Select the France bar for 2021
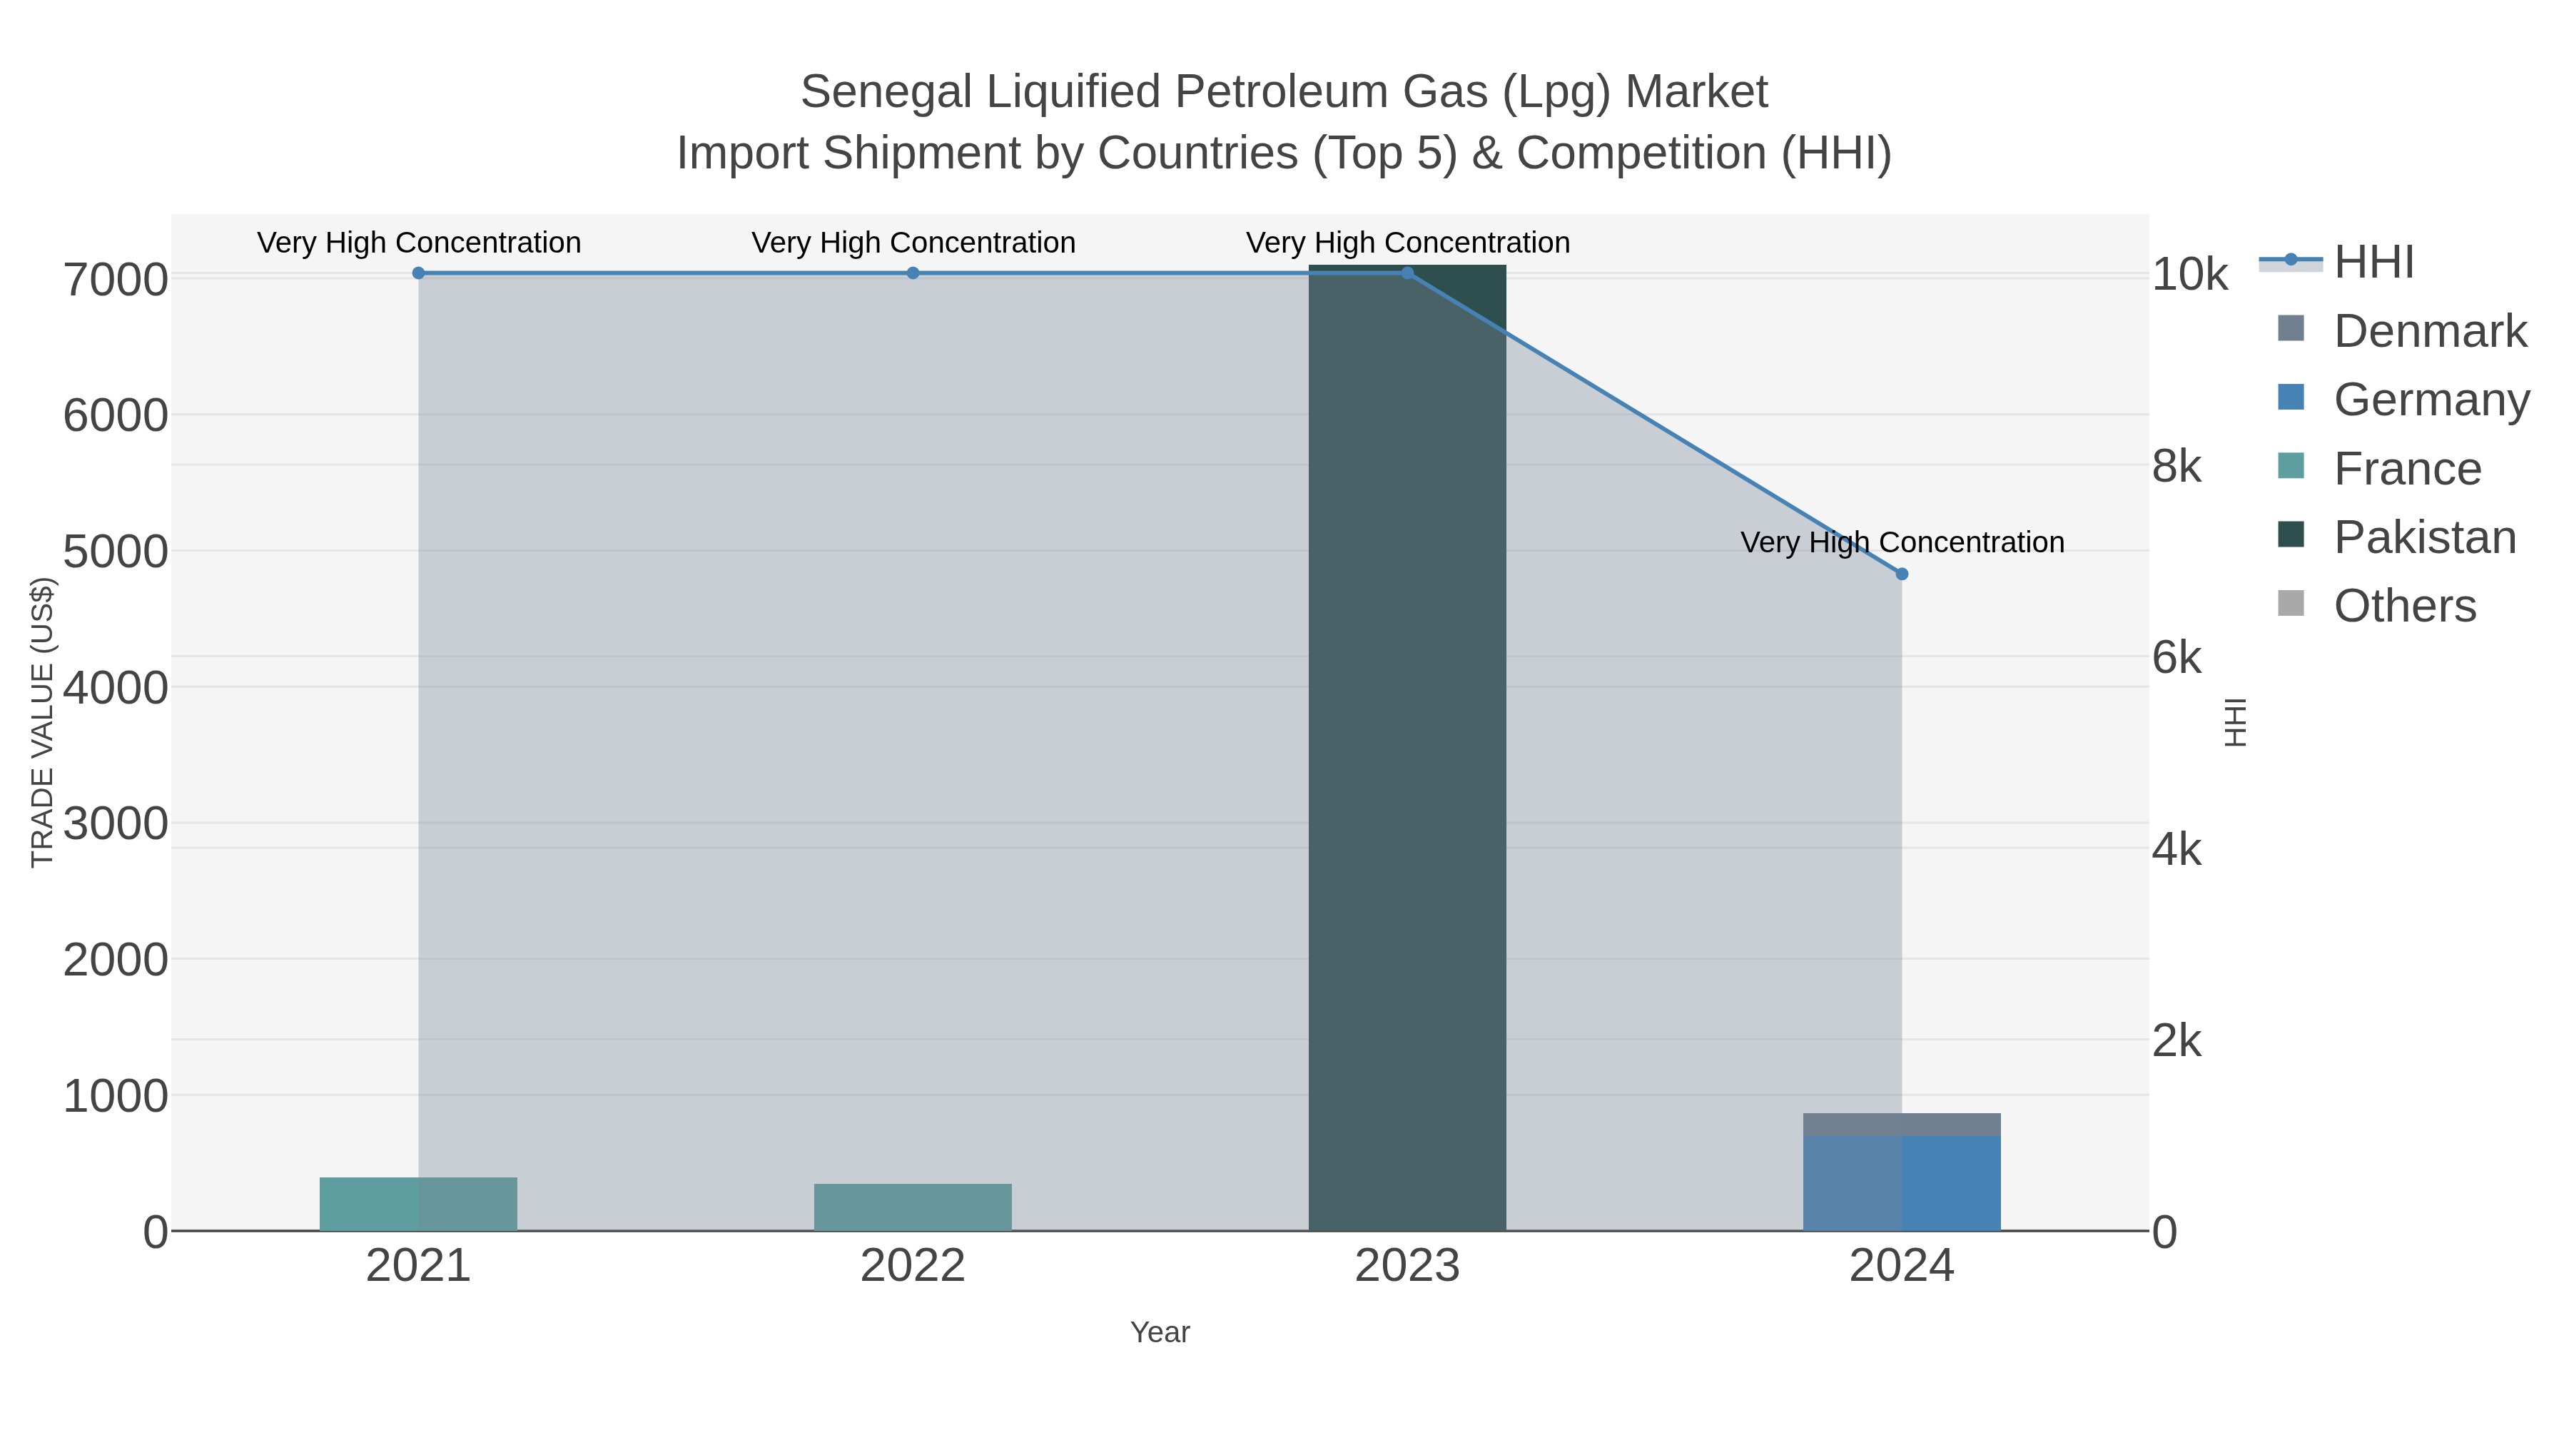[x=418, y=1204]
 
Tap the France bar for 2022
[x=913, y=1207]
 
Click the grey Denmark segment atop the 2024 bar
[x=1901, y=1125]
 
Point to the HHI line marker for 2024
[x=1901, y=574]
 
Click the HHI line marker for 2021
[x=418, y=273]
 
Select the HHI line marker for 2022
[x=913, y=273]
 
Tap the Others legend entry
[x=2403, y=605]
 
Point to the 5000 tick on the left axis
[x=115, y=552]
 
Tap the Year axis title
[x=1159, y=1332]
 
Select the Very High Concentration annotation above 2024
[x=1901, y=542]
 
